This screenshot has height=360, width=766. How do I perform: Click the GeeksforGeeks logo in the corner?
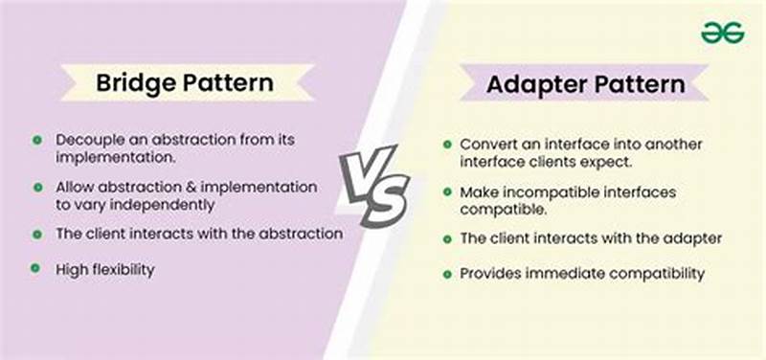[x=722, y=33]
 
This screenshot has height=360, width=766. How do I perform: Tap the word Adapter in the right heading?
[x=533, y=84]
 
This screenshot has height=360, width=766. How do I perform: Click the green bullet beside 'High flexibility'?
[x=36, y=269]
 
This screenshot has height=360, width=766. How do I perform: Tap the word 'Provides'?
[x=491, y=274]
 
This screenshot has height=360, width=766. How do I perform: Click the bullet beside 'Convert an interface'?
[x=447, y=144]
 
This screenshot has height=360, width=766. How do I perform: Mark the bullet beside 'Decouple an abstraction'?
[x=36, y=139]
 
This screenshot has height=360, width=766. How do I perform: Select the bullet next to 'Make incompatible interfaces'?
[x=447, y=192]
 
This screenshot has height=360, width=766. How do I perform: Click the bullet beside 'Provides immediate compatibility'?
[x=447, y=274]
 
